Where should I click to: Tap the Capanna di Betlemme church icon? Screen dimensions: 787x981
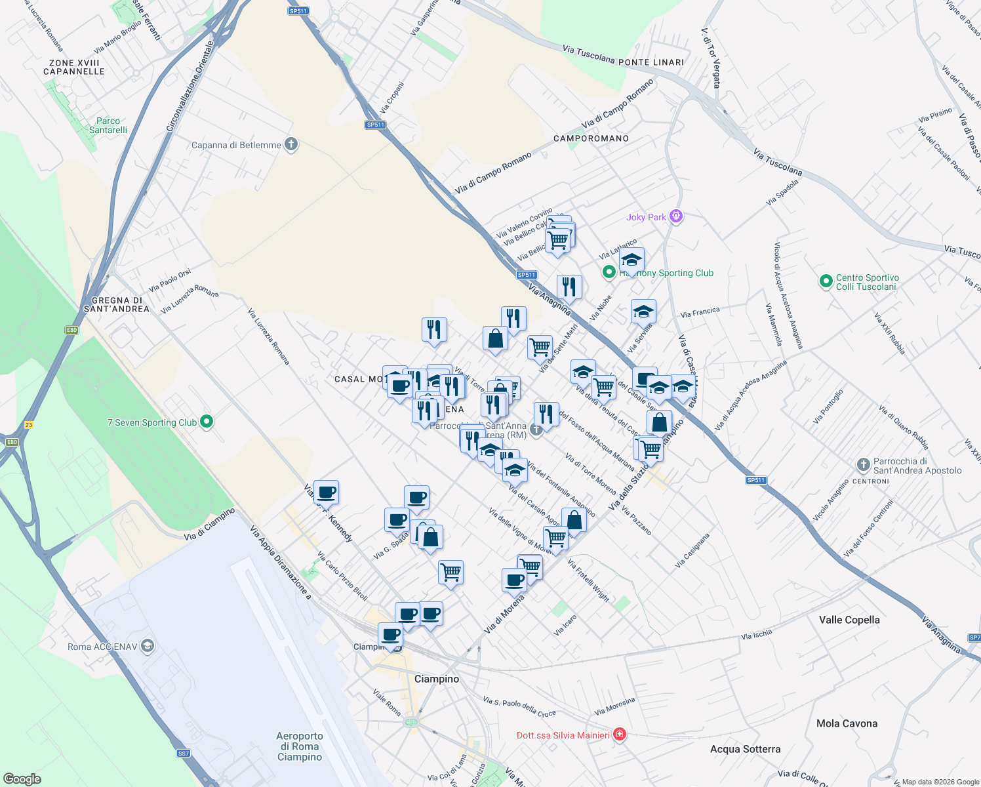(291, 144)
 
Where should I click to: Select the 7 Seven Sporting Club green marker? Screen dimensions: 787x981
(207, 422)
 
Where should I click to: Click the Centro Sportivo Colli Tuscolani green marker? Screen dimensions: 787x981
(826, 281)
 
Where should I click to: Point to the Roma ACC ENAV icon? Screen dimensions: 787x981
(148, 646)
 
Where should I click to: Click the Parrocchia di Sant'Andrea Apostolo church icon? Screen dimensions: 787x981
(863, 465)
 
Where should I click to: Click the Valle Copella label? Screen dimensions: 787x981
(849, 620)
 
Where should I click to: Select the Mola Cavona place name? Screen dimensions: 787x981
(847, 723)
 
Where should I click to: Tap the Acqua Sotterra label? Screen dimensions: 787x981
(745, 749)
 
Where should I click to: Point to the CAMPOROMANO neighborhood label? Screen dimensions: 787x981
(591, 138)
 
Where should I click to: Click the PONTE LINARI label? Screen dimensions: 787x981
(651, 62)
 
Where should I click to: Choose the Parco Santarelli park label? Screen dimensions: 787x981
(108, 125)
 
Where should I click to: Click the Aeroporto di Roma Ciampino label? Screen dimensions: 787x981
(300, 746)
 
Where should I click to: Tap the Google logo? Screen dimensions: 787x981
(22, 778)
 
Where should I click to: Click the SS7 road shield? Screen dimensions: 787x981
(184, 754)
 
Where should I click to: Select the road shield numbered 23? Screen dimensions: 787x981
(28, 425)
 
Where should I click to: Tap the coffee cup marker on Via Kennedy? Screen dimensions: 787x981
(326, 492)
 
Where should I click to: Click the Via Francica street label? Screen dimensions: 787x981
(700, 313)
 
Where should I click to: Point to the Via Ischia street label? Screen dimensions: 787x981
(756, 635)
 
